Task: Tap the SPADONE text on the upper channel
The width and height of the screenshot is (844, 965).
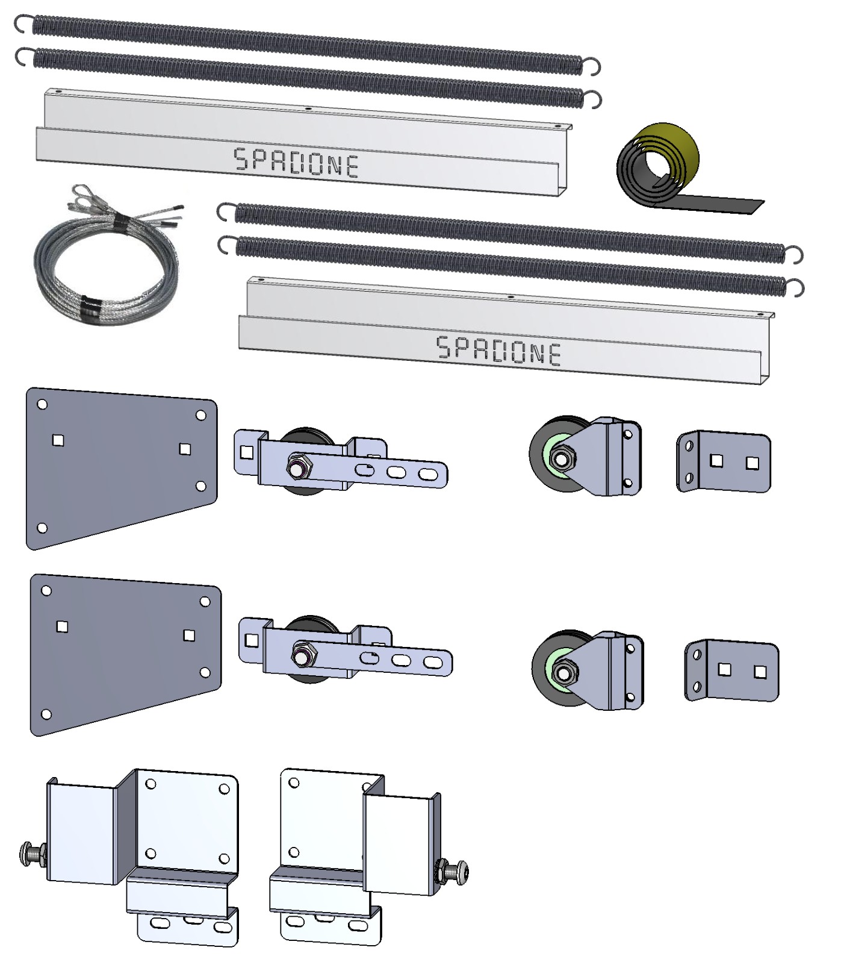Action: point(296,163)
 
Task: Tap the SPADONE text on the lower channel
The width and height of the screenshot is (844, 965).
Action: point(498,351)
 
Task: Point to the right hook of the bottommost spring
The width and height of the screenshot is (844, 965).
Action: point(795,288)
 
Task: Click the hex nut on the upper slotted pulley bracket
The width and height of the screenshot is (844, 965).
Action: point(297,466)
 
